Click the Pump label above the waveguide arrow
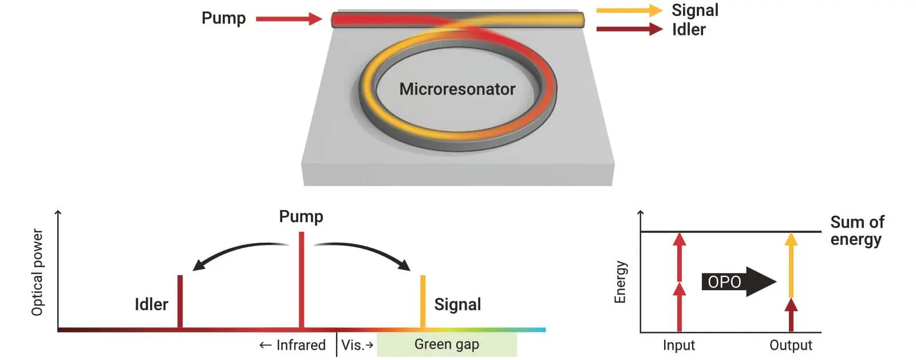click(x=223, y=18)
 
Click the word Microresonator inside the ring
click(x=457, y=89)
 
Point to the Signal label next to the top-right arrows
click(x=694, y=10)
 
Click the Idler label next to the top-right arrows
click(x=689, y=29)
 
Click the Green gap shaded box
click(x=447, y=345)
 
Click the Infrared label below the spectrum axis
click(x=293, y=345)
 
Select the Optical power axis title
click(x=37, y=272)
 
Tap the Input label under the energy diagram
click(x=678, y=345)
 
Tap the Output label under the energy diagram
click(x=791, y=345)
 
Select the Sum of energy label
click(x=856, y=230)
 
